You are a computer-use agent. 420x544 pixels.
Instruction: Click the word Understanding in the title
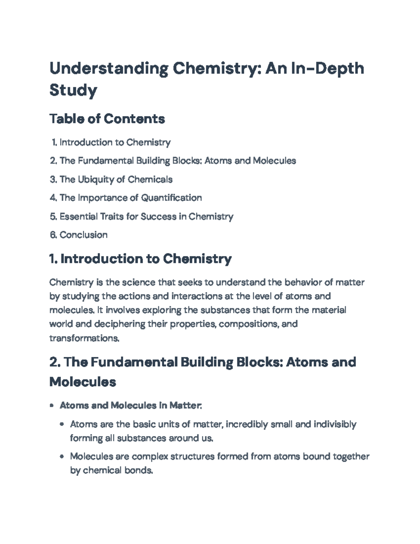108,69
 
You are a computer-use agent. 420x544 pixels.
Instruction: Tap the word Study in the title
73,90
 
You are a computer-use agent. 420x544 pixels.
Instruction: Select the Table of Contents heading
107,119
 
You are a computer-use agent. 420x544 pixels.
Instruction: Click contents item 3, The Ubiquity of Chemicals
116,179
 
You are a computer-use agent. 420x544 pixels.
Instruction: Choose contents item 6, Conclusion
83,235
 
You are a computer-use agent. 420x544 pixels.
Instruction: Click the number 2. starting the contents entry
53,161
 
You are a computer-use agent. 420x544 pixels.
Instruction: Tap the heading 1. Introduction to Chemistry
140,259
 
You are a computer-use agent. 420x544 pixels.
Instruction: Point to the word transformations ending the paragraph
84,338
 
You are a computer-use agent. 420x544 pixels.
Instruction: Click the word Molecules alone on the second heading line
83,381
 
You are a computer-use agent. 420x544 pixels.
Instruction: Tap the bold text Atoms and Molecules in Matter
130,405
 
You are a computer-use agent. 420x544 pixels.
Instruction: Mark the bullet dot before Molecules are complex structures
62,456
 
